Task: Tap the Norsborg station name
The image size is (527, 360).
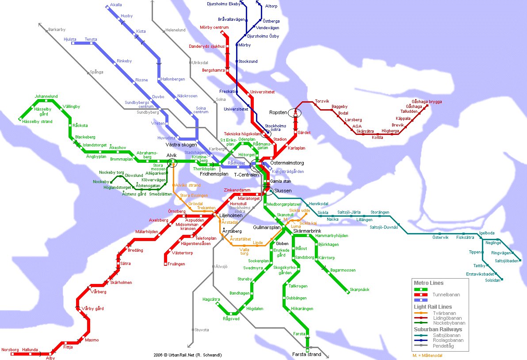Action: (x=10, y=349)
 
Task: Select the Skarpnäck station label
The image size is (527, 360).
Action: (x=359, y=290)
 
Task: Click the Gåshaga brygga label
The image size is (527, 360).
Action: (x=427, y=101)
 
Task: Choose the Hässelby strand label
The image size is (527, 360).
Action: (x=38, y=122)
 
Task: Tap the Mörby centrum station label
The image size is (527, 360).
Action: (x=214, y=27)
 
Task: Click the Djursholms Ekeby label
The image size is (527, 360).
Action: (x=224, y=4)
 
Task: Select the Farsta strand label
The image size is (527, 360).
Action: (x=306, y=354)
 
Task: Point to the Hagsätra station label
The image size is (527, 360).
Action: (x=211, y=299)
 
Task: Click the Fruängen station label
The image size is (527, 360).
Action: (x=176, y=264)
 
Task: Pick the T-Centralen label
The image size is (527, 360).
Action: (x=246, y=175)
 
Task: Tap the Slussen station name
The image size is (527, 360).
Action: (x=283, y=191)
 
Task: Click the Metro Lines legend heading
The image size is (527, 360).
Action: (x=428, y=283)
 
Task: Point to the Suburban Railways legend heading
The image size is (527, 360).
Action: (x=438, y=329)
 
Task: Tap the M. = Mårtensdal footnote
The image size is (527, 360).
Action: (x=427, y=355)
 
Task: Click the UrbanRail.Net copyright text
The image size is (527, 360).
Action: (x=187, y=355)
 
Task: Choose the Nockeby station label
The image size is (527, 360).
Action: (x=101, y=182)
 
